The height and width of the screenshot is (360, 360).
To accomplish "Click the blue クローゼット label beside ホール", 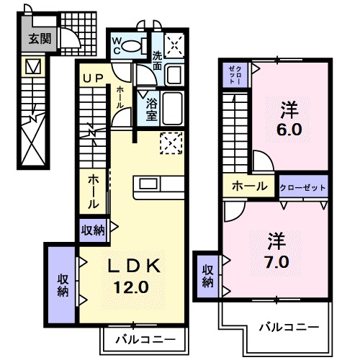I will (x=303, y=186).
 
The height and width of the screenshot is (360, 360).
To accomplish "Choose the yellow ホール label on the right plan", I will (x=248, y=186).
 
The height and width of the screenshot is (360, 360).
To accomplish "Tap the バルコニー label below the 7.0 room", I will (x=289, y=326).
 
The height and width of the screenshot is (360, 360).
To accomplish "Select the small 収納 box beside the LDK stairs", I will (x=93, y=231).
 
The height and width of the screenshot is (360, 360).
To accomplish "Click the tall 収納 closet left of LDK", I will (x=63, y=283).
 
